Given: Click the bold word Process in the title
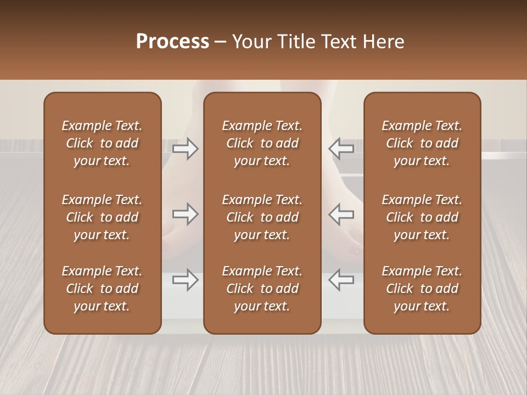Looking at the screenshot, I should [x=172, y=42].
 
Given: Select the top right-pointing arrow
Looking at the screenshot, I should [x=186, y=149].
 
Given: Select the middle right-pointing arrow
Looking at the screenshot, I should [x=186, y=214].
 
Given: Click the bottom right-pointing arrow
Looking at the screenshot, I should [x=186, y=280].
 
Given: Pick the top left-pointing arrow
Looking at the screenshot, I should [x=341, y=149].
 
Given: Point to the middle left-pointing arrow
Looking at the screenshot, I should [x=341, y=214].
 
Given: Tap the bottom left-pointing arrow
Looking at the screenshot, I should [x=341, y=280].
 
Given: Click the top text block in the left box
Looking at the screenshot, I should [x=102, y=143].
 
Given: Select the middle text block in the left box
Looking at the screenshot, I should [x=102, y=217].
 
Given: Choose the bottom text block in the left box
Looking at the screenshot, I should [x=102, y=289].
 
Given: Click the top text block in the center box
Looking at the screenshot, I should [x=262, y=143].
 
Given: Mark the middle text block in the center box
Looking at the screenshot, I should [x=262, y=217].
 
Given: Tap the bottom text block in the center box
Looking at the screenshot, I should [x=262, y=289].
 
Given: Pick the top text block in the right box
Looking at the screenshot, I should [x=422, y=143].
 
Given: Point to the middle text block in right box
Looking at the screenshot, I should [x=422, y=217].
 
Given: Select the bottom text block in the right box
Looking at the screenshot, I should [x=422, y=289].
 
